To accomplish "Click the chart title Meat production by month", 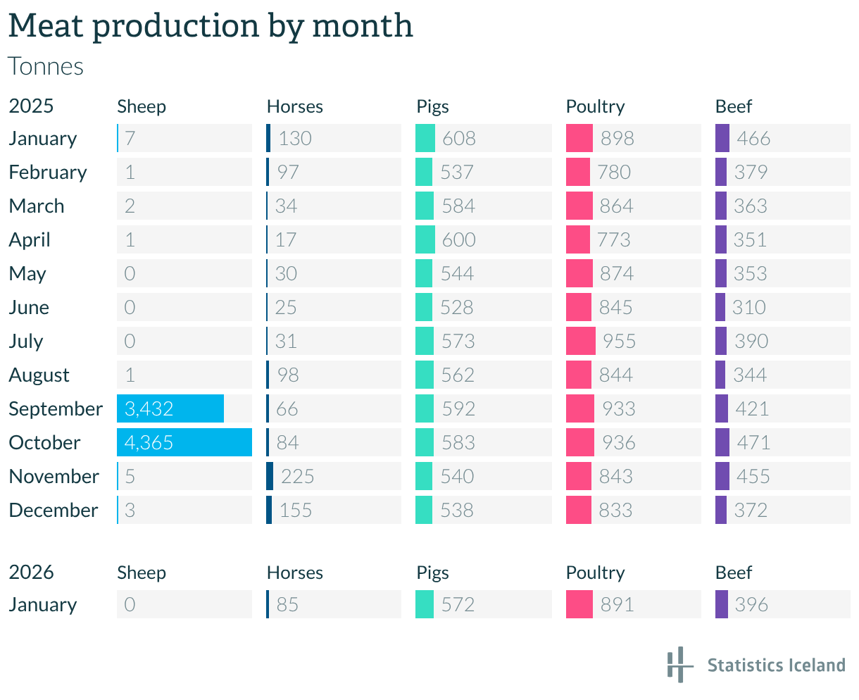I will (x=210, y=26).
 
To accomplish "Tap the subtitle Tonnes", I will (x=46, y=66).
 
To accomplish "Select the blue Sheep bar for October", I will (x=184, y=442).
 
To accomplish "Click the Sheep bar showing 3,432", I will (x=170, y=408).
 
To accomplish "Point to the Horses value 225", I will (x=297, y=477).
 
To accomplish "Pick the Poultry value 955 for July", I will (x=619, y=342).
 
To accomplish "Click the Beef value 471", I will (x=753, y=443).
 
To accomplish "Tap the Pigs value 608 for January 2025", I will (x=458, y=139).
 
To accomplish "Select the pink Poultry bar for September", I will (x=580, y=408).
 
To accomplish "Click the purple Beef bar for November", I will (x=722, y=476).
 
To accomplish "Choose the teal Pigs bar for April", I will (x=425, y=239).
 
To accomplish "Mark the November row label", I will (x=54, y=477).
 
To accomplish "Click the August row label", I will (x=39, y=375).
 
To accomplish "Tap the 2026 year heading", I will (x=31, y=572).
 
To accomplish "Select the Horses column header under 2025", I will (x=294, y=106).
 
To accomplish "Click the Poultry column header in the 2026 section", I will (x=595, y=573).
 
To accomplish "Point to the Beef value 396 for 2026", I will (x=751, y=605).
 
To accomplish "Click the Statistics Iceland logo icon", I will (x=678, y=664).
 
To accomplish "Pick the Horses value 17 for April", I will (x=285, y=240).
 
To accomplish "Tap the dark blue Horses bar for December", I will (x=269, y=510).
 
